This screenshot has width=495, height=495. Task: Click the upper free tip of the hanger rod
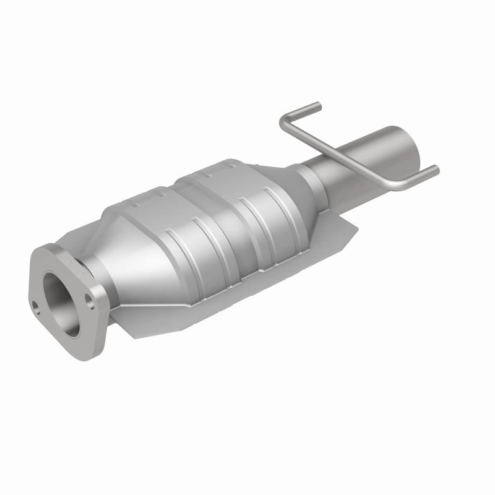click(x=317, y=105)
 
